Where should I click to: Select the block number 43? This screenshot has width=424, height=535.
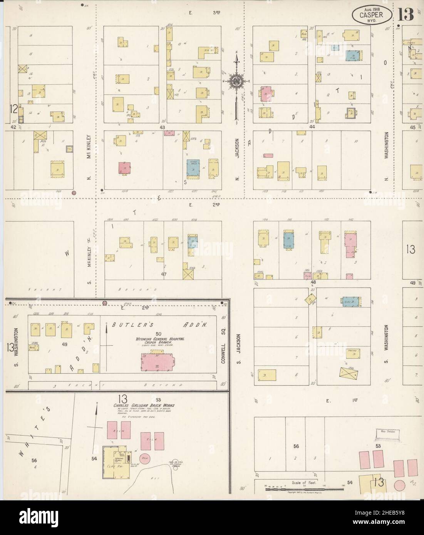(x=162, y=127)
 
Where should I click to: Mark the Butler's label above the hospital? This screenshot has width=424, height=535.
(x=126, y=325)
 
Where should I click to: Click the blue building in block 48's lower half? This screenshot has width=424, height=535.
(x=350, y=302)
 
